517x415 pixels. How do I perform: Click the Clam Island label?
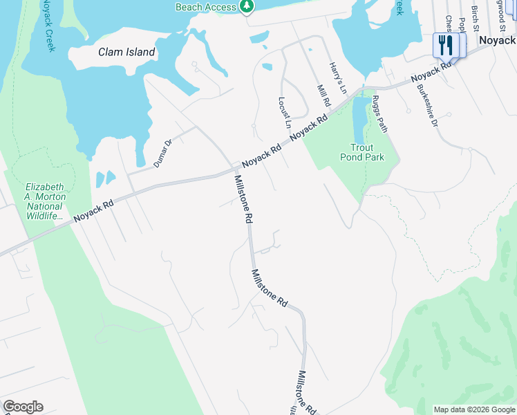click(126, 53)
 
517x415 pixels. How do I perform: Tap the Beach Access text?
click(205, 6)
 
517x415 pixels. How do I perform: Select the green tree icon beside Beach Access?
click(247, 6)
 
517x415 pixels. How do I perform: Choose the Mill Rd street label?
click(323, 95)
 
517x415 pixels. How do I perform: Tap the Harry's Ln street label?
click(337, 77)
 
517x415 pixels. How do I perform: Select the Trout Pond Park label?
click(361, 152)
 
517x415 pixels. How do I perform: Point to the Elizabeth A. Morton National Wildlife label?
click(46, 201)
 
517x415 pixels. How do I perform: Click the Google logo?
click(23, 407)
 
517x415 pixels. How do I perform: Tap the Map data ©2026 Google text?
click(474, 409)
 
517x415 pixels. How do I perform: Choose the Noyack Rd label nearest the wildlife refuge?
click(93, 211)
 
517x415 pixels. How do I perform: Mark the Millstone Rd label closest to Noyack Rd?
click(243, 199)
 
